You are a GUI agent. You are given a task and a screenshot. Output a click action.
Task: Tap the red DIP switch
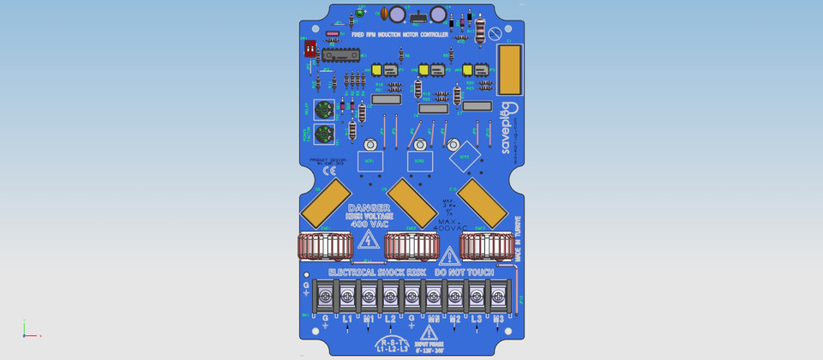[x=310, y=48]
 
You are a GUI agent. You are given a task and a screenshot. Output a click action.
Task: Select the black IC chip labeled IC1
[x=342, y=56]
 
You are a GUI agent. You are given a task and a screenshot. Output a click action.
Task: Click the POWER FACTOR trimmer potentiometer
[x=324, y=134]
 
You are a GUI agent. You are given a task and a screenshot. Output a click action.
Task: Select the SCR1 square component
[x=369, y=161]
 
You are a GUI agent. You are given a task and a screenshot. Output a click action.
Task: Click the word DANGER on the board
[x=369, y=208]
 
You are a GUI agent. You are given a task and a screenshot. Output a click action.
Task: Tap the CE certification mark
[x=316, y=171]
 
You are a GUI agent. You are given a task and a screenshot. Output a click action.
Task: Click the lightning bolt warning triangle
[x=369, y=240]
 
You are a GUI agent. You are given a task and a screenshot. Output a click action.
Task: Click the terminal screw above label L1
[x=347, y=297]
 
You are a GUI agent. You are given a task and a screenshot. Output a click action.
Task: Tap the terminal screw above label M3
[x=498, y=297]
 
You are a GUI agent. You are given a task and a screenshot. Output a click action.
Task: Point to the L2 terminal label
[x=390, y=319]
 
